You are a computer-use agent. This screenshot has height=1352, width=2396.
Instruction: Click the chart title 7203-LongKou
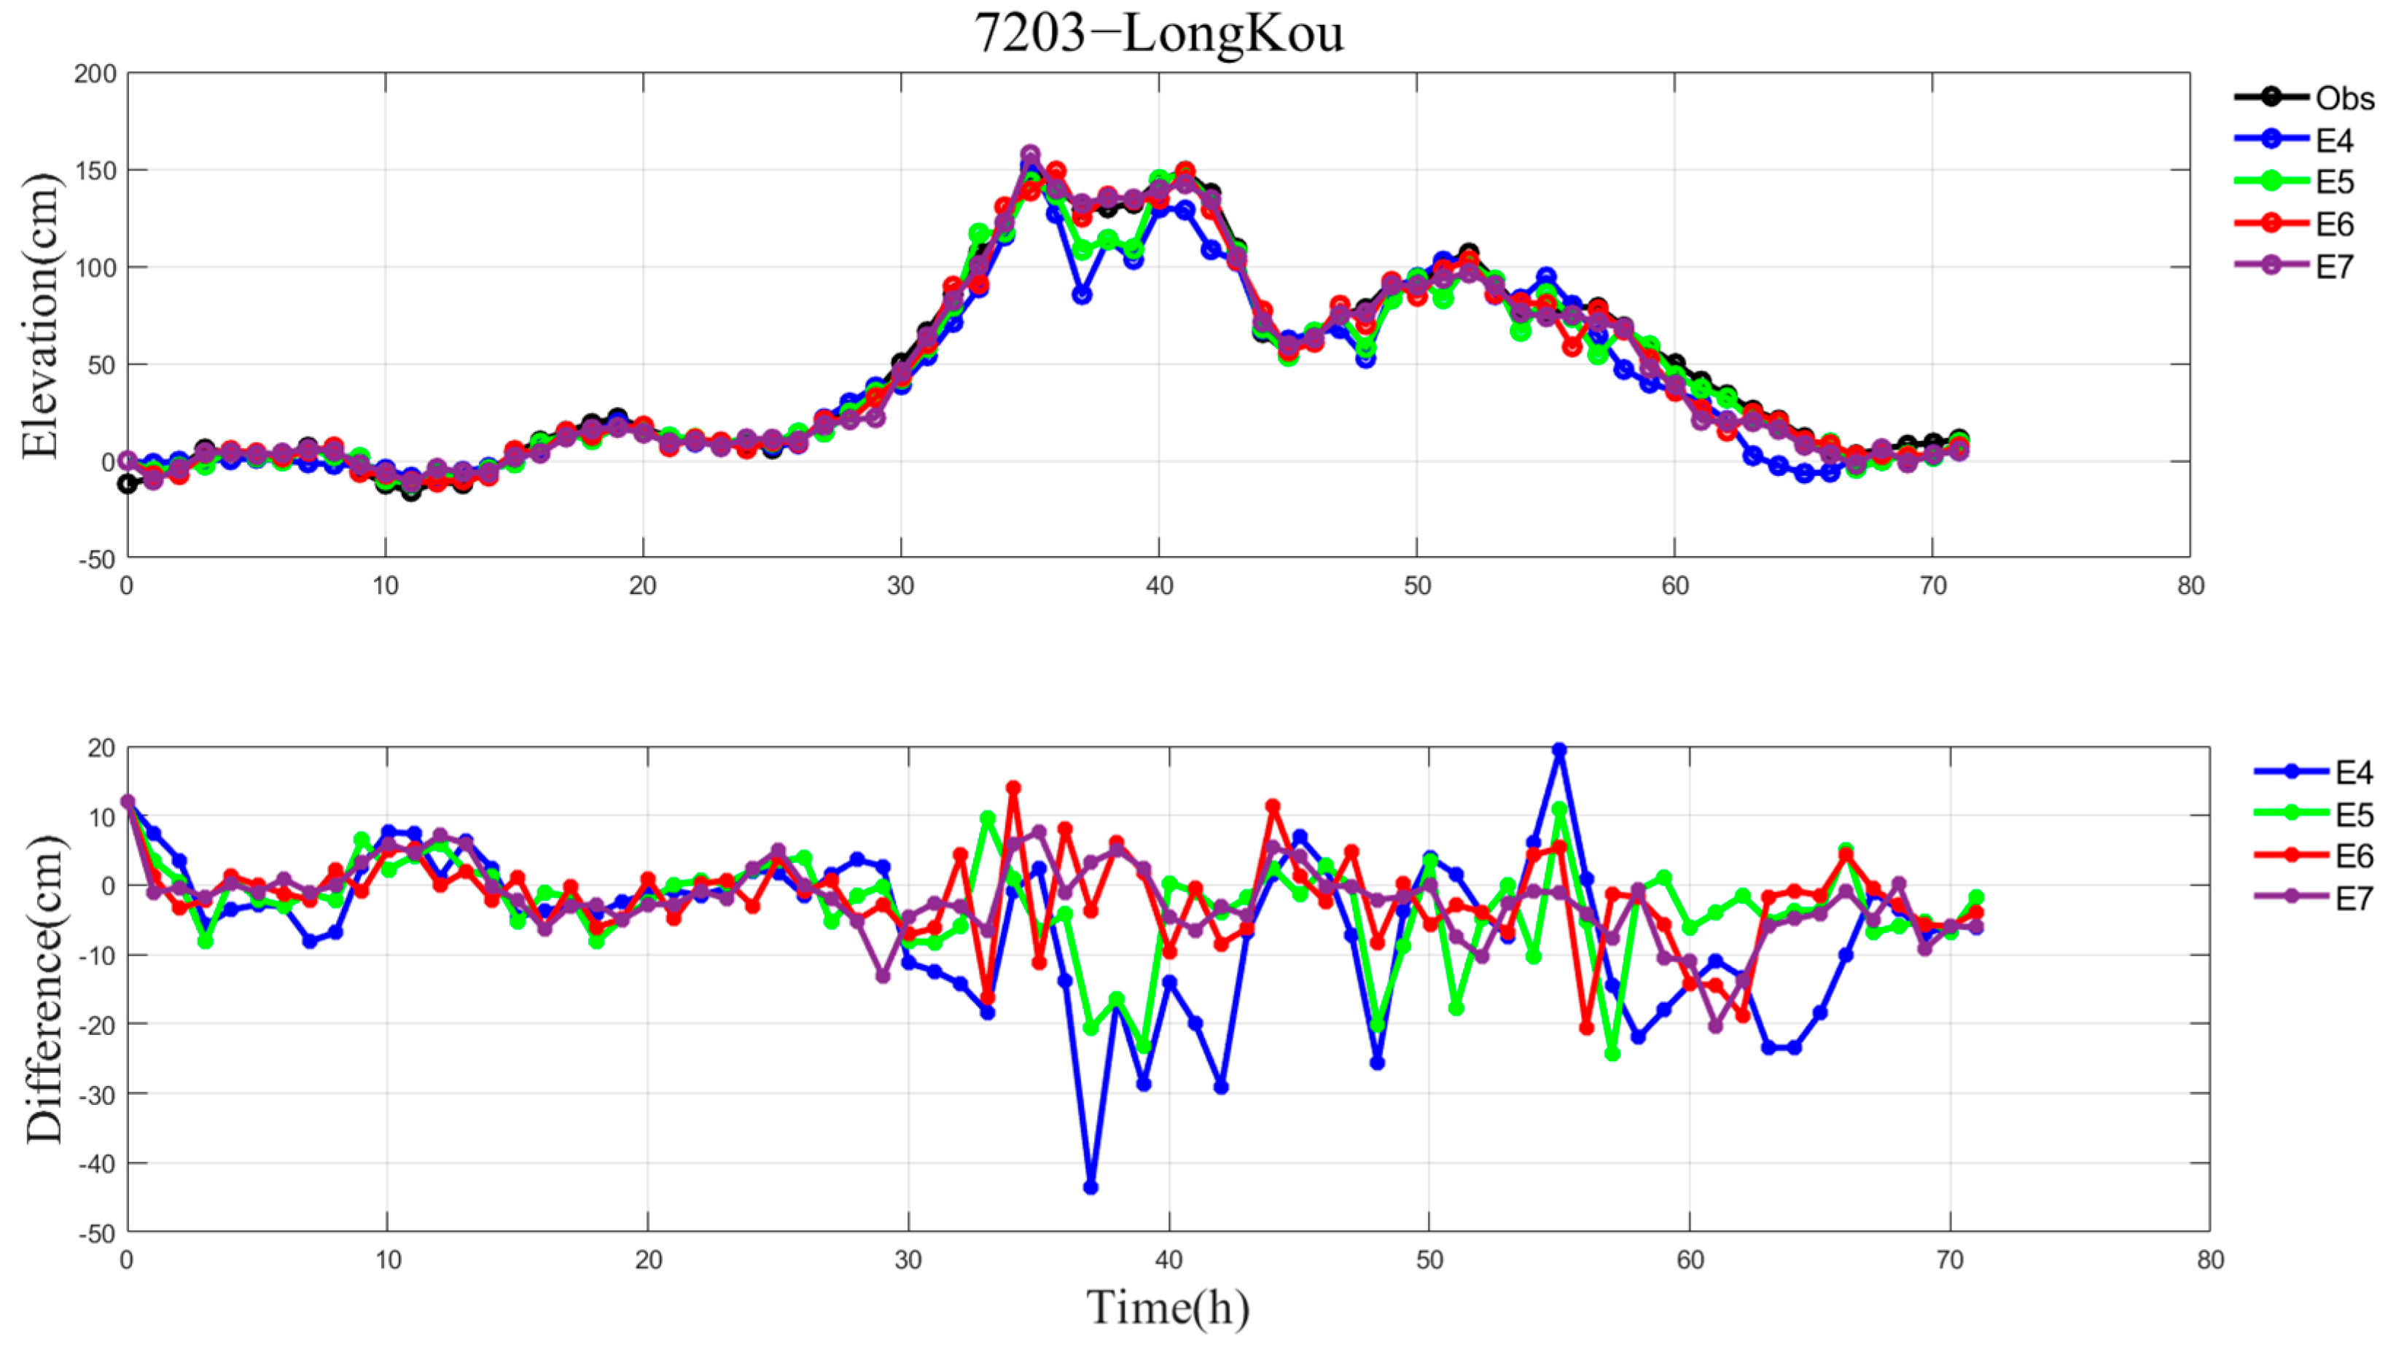click(x=1158, y=34)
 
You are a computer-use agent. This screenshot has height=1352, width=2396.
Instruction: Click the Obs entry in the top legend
click(x=2344, y=98)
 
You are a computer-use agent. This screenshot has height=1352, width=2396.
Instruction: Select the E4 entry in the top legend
click(x=2334, y=141)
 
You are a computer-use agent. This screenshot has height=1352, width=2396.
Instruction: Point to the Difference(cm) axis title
click(x=43, y=988)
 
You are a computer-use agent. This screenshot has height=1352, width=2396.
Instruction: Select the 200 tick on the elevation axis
click(x=95, y=74)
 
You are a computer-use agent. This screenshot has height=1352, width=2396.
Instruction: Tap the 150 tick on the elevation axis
click(x=95, y=170)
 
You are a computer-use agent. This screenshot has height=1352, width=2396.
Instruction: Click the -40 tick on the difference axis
click(x=95, y=1163)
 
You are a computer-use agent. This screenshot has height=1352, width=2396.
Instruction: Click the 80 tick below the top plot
click(x=2190, y=586)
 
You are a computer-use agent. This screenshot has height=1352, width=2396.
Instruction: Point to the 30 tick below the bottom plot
click(x=908, y=1260)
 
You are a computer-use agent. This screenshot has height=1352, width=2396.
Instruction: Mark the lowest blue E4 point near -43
click(x=1091, y=1187)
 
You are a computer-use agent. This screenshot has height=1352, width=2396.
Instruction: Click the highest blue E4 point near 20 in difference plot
click(x=1560, y=749)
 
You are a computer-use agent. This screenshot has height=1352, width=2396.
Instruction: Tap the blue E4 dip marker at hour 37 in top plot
click(x=1082, y=294)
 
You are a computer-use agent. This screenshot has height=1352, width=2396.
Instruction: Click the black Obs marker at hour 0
click(x=128, y=485)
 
